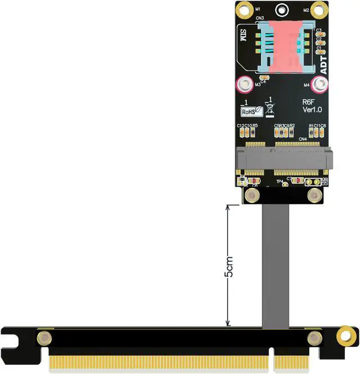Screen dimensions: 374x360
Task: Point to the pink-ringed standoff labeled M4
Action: pos(320,85)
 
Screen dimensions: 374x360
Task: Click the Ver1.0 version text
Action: pos(311,109)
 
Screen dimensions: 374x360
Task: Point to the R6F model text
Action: pos(309,101)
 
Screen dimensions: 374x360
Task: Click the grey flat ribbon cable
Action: pos(276,265)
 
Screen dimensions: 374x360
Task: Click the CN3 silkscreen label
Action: pos(260,18)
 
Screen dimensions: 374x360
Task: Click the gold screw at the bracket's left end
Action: pos(43,338)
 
